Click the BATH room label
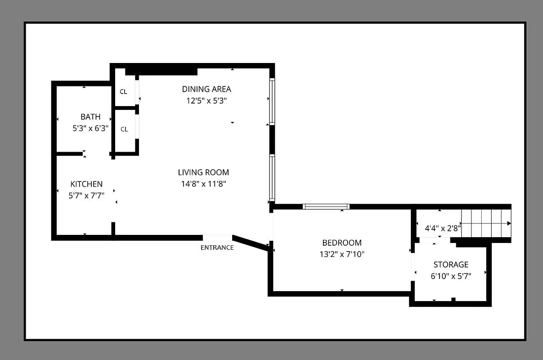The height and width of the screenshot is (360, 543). click(90, 117)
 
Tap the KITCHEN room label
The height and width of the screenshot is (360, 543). click(86, 184)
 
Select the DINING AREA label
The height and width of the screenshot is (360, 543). click(206, 89)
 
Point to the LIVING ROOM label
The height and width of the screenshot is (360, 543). click(203, 172)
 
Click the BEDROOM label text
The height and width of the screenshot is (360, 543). click(341, 243)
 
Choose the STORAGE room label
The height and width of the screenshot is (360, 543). click(451, 265)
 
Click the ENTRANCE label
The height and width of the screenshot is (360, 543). click(217, 247)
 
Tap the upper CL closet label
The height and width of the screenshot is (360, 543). click(123, 92)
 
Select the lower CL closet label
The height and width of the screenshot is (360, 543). click(124, 129)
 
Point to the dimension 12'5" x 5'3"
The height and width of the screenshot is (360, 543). click(206, 101)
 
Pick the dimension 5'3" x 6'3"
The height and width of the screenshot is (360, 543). click(90, 128)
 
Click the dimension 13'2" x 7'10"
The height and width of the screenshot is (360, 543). click(341, 254)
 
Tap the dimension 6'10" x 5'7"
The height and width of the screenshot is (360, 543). click(451, 276)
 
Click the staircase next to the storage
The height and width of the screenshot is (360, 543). click(486, 223)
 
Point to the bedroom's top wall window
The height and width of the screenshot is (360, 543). click(327, 207)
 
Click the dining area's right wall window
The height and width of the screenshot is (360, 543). click(272, 101)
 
